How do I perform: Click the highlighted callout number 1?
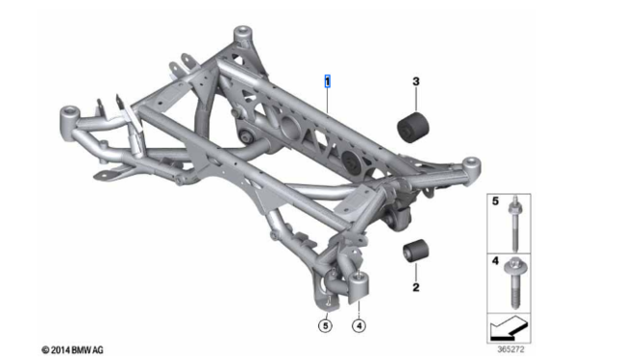[x=328, y=84]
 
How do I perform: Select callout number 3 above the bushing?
[x=416, y=82]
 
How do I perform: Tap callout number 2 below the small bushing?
[x=416, y=287]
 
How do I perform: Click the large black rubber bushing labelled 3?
[x=413, y=127]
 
